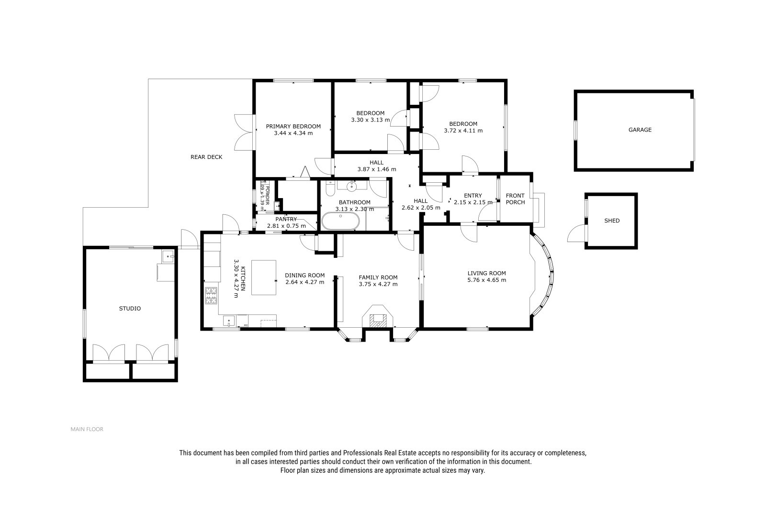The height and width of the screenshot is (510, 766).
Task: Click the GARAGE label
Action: pyautogui.click(x=640, y=130)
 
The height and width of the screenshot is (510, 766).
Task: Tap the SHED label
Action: pyautogui.click(x=612, y=221)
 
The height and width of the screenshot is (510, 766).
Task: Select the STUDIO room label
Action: pyautogui.click(x=130, y=308)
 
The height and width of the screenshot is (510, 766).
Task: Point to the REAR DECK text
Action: pyautogui.click(x=206, y=157)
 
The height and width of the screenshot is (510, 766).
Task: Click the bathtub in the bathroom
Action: pyautogui.click(x=340, y=221)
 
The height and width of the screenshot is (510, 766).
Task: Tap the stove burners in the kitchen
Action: pyautogui.click(x=211, y=296)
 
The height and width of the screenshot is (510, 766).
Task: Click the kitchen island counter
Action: pyautogui.click(x=264, y=277)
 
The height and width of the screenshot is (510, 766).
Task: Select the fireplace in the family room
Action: pyautogui.click(x=378, y=317)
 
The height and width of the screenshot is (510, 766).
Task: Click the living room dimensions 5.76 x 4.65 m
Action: pyautogui.click(x=486, y=280)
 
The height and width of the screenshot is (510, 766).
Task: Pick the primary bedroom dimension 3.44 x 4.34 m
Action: pyautogui.click(x=293, y=133)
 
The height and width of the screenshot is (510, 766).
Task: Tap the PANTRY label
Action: pyautogui.click(x=286, y=219)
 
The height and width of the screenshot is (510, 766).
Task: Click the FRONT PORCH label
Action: pyautogui.click(x=515, y=199)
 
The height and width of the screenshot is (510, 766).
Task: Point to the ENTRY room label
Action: pyautogui.click(x=473, y=196)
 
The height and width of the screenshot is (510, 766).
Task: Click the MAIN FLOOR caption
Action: pyautogui.click(x=87, y=429)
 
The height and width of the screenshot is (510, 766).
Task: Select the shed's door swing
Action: pyautogui.click(x=576, y=233)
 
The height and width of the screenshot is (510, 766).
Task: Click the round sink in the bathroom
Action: pyautogui.click(x=351, y=186)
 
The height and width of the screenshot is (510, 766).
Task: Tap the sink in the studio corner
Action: pyautogui.click(x=168, y=256)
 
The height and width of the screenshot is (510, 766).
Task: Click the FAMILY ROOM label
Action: pyautogui.click(x=378, y=277)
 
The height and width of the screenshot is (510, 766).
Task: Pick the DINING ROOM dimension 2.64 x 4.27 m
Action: pyautogui.click(x=304, y=282)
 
